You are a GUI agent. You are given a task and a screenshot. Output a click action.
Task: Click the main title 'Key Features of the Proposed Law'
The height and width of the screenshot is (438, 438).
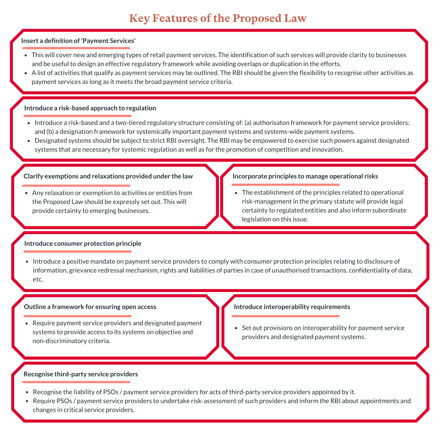click(218, 18)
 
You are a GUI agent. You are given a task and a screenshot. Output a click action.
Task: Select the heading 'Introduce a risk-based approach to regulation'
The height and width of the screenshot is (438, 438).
click(90, 108)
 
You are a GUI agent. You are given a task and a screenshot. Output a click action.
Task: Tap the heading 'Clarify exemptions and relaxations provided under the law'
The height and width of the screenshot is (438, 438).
click(108, 176)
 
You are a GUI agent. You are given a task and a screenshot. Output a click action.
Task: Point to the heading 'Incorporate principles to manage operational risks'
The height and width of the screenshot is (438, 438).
click(305, 176)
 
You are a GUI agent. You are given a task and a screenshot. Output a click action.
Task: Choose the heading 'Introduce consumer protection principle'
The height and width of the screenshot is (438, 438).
click(83, 243)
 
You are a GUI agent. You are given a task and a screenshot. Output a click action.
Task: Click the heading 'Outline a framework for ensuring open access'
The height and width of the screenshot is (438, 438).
click(90, 307)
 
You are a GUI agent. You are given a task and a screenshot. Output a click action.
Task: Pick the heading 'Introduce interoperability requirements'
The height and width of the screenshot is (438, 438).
click(292, 307)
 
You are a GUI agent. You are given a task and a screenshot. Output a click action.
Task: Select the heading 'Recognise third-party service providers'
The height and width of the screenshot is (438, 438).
click(81, 374)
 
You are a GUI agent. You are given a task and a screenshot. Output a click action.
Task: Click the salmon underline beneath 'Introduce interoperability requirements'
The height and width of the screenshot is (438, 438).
click(286, 316)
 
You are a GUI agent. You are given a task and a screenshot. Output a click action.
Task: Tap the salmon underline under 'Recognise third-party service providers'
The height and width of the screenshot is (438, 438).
click(76, 382)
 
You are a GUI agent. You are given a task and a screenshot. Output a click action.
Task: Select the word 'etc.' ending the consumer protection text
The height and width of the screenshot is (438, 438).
click(38, 279)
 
